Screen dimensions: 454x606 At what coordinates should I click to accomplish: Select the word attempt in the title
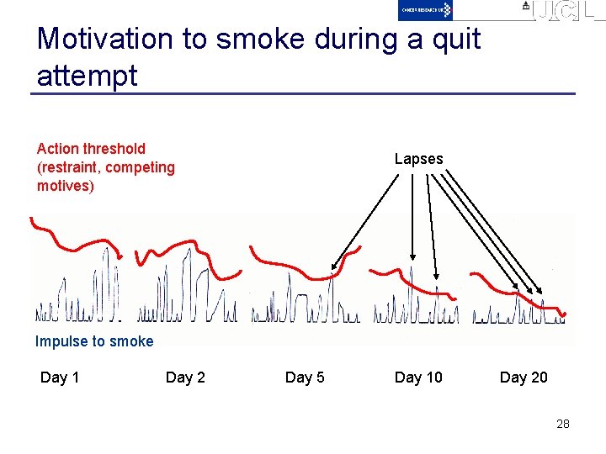click(x=87, y=76)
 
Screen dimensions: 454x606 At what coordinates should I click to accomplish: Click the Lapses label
click(x=418, y=159)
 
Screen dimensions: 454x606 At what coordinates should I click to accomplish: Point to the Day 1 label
click(x=60, y=377)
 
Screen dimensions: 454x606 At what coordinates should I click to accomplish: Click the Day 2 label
click(x=185, y=377)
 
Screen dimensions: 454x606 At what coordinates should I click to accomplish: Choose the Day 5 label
click(x=305, y=377)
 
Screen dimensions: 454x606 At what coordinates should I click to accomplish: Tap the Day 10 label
click(x=418, y=377)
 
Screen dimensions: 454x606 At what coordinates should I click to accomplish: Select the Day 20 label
click(x=524, y=377)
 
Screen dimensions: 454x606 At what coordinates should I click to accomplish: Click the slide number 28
click(x=563, y=424)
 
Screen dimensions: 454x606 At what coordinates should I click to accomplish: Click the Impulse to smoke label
click(x=94, y=341)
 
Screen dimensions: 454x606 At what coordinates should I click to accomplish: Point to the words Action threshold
click(x=91, y=149)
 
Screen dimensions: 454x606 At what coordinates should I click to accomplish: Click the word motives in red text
click(x=64, y=186)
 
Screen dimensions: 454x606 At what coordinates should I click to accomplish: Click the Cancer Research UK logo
click(x=425, y=10)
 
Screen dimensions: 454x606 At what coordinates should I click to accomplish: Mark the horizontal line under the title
click(x=303, y=92)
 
